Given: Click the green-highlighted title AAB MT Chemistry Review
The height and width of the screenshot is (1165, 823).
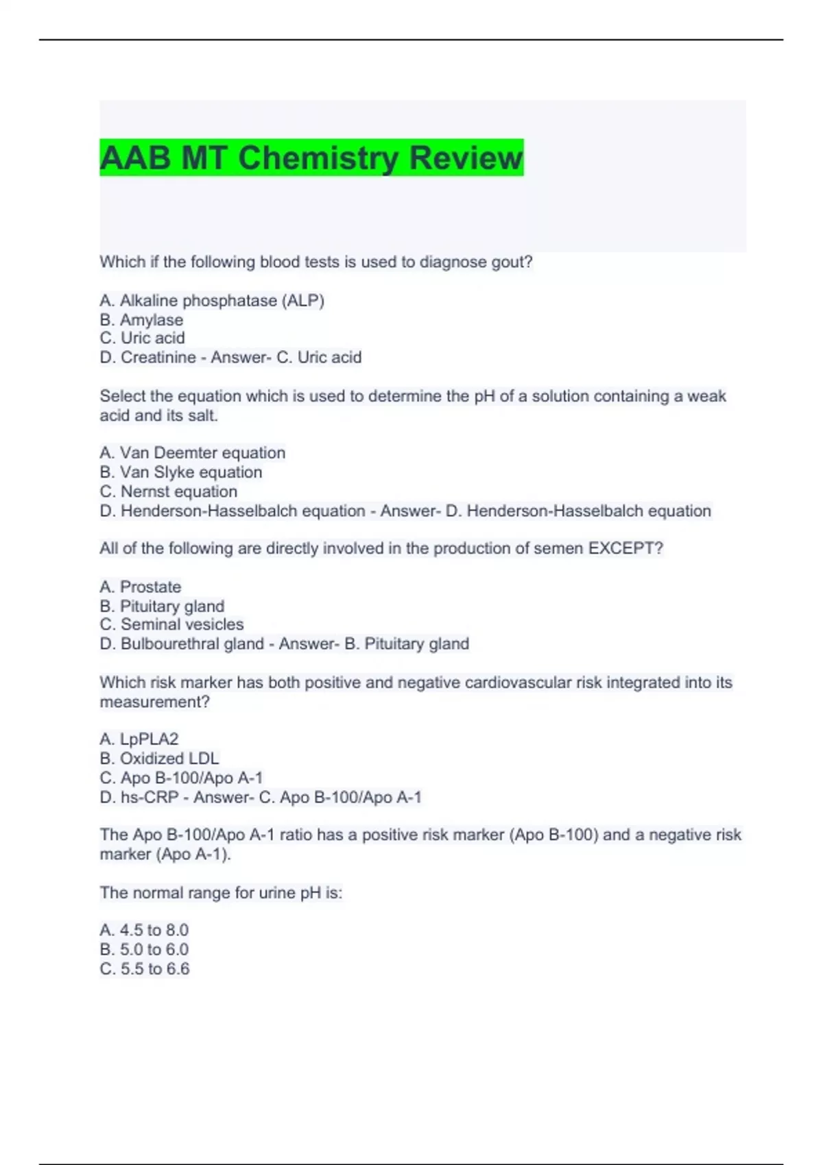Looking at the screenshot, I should tap(311, 158).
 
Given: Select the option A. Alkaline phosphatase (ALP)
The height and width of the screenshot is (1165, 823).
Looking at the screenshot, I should tap(212, 301).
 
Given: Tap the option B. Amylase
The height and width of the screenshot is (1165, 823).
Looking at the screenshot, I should tap(141, 320).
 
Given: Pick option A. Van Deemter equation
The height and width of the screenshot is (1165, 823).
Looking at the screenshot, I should tap(192, 453).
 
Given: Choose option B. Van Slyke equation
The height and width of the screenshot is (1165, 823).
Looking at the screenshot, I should tap(181, 472).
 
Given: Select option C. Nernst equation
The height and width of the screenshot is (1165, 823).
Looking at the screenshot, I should tap(169, 491).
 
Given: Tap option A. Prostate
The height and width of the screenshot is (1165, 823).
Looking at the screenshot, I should tap(141, 587).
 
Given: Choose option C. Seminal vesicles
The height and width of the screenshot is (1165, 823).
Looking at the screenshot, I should tap(171, 624).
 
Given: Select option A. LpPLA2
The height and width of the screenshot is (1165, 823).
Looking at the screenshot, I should tap(139, 739).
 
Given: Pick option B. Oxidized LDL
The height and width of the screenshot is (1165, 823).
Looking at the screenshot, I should tap(159, 758).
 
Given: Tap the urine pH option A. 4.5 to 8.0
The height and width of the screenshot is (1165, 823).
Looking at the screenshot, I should tap(144, 930).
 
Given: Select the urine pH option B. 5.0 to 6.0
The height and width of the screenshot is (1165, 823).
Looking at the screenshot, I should tap(144, 949).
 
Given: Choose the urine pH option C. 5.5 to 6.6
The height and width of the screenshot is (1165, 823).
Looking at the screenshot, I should tap(144, 968).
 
